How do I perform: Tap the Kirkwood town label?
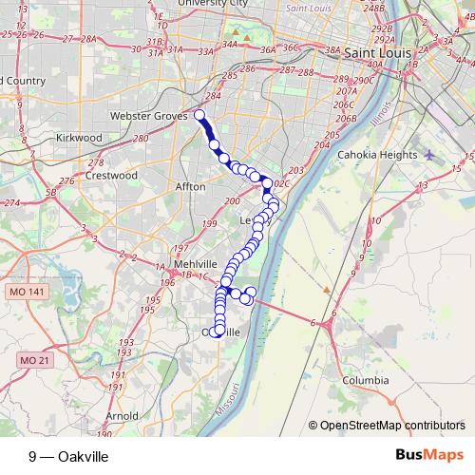point(79,138)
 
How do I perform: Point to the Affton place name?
point(190,187)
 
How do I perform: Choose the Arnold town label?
point(122,416)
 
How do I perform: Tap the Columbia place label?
point(366,380)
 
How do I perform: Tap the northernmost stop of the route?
point(199,116)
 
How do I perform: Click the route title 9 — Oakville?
point(68,457)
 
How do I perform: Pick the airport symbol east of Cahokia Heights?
point(429,155)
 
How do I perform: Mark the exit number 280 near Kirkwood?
point(141,140)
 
